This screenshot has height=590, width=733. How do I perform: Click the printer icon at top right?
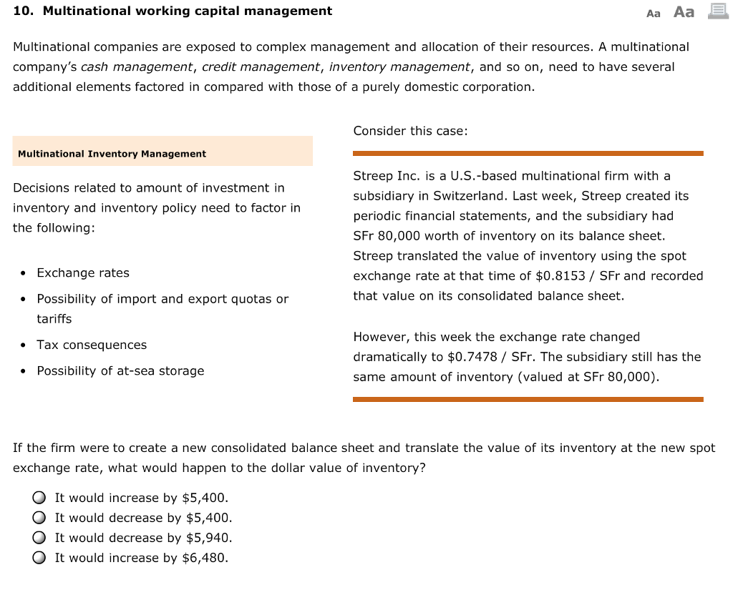[x=717, y=11]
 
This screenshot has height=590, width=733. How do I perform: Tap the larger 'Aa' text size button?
[x=684, y=12]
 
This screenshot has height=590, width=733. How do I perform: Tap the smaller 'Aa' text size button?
[x=653, y=13]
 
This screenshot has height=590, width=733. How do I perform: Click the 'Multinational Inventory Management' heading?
[x=112, y=154]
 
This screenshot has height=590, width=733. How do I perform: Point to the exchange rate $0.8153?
[x=469, y=276]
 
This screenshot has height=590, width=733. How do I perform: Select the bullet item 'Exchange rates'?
[x=83, y=273]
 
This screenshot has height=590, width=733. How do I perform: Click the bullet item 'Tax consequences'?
[x=92, y=345]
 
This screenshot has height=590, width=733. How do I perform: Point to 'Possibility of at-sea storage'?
[x=120, y=370]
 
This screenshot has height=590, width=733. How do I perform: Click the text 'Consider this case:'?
[x=410, y=131]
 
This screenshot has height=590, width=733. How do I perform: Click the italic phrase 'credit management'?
[x=261, y=67]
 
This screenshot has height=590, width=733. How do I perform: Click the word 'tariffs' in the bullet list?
[x=54, y=319]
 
